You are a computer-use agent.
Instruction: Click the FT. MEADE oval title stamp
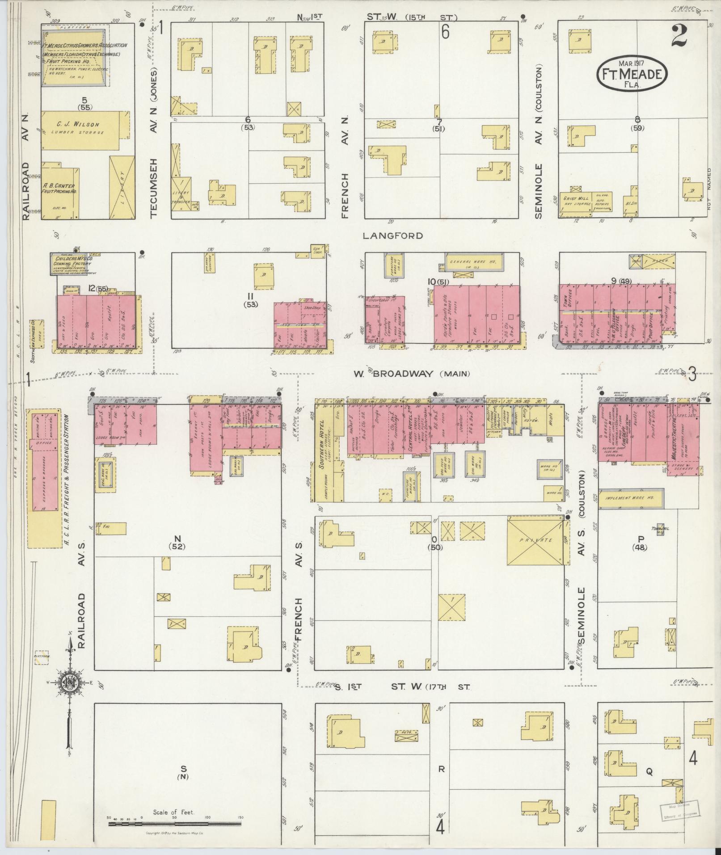(x=631, y=74)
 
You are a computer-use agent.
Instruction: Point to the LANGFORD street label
(x=393, y=236)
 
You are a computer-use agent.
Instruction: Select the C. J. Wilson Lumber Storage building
(x=80, y=130)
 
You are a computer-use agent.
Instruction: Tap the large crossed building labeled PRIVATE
(x=535, y=540)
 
